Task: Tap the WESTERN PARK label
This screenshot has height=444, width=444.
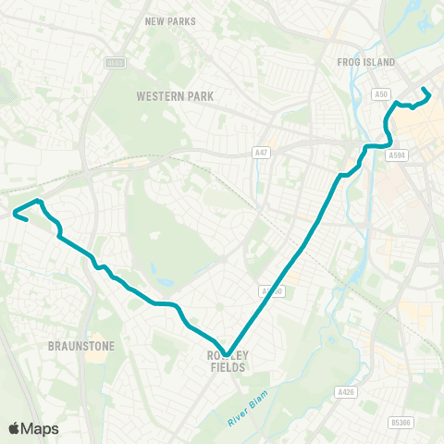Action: coord(175,95)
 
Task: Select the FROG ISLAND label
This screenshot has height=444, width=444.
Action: coord(369,62)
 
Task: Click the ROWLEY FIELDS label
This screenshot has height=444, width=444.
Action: coord(228,361)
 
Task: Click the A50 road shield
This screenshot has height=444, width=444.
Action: coord(381,94)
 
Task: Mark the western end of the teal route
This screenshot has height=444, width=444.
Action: coord(15,215)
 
